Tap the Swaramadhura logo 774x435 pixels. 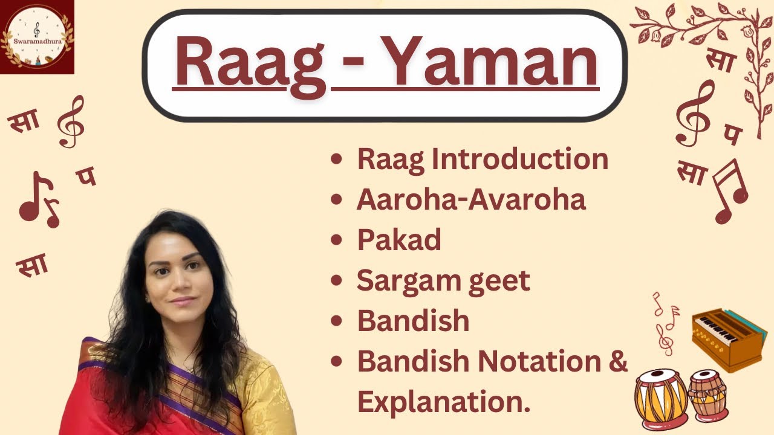(x=37, y=37)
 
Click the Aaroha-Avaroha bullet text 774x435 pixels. (x=471, y=200)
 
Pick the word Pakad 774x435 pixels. (x=398, y=240)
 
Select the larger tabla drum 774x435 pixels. (x=660, y=399)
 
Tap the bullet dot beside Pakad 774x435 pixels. (x=337, y=240)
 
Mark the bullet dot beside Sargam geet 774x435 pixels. (x=337, y=281)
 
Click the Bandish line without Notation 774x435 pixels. (x=413, y=321)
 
